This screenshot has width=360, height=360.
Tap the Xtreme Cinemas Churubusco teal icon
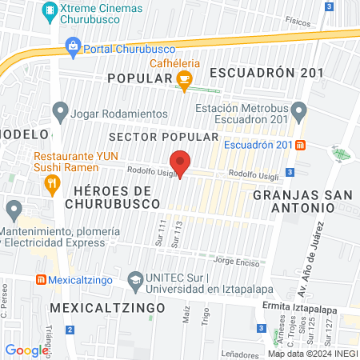50,11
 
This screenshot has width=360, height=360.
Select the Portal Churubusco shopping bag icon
74,47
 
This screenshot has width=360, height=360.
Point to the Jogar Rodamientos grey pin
58,113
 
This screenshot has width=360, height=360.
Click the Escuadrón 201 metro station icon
300,146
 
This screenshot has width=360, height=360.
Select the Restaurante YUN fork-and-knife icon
53,184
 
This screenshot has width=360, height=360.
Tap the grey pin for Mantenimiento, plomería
14,211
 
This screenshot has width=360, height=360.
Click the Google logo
27,350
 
